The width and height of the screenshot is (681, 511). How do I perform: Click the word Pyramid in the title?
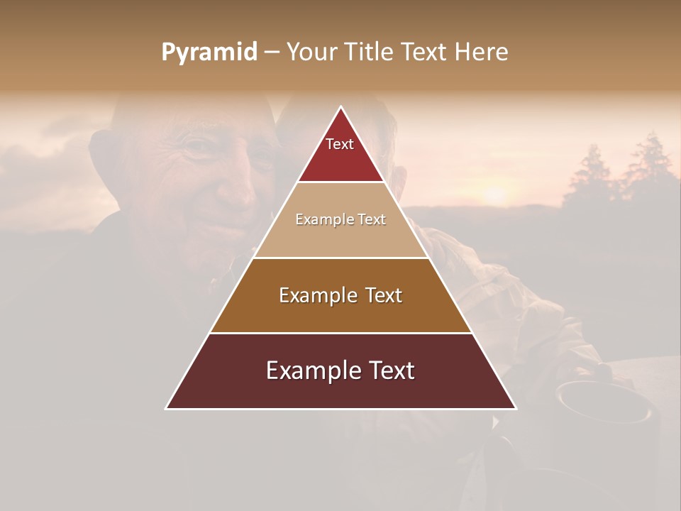(x=209, y=53)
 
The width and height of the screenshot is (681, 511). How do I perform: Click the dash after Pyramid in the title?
(x=272, y=53)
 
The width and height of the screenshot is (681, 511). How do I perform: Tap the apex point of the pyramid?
(x=341, y=107)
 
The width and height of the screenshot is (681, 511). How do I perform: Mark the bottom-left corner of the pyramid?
(x=167, y=408)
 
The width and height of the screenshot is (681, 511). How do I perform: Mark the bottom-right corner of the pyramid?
(x=516, y=408)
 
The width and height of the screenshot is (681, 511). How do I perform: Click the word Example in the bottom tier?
(x=309, y=371)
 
